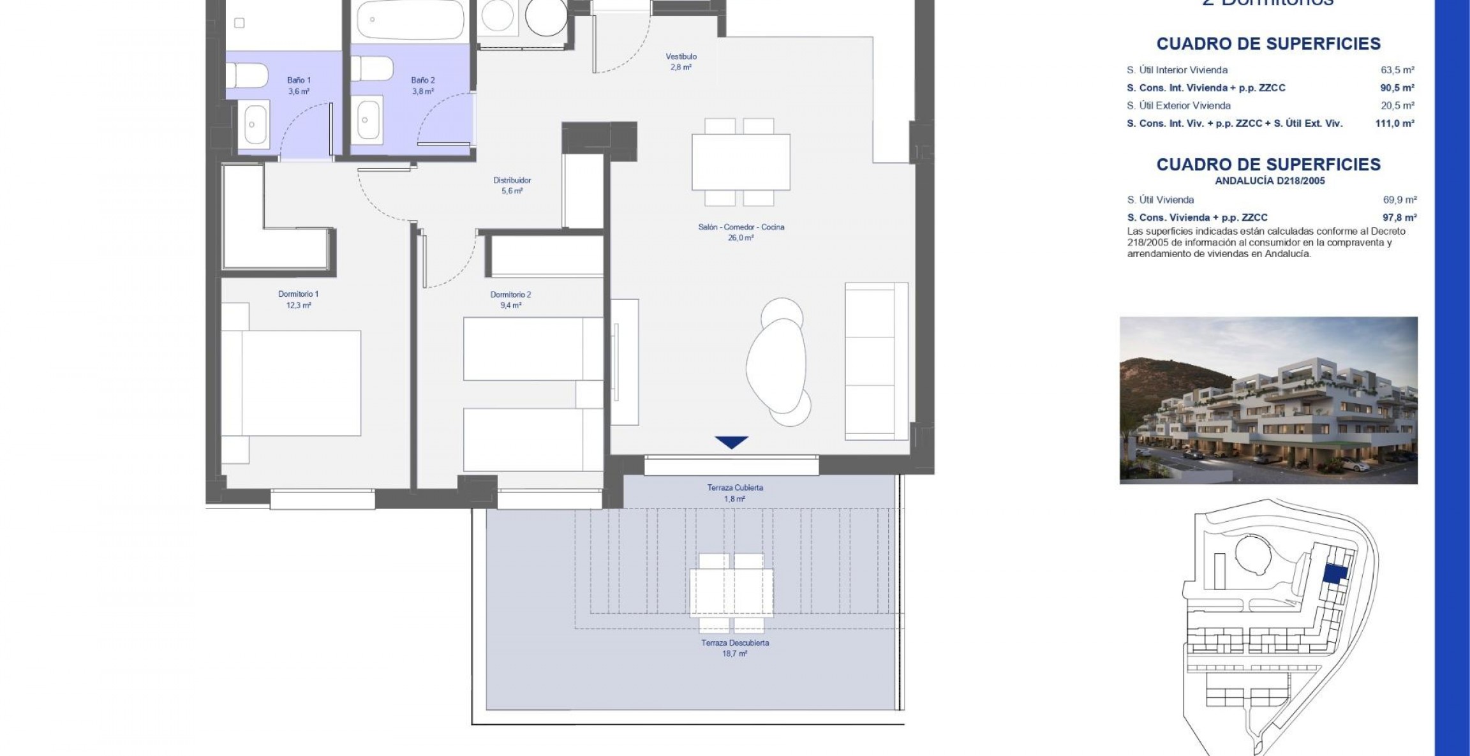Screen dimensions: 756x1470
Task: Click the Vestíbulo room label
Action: click(x=681, y=57)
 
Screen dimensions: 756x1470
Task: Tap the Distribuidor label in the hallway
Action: click(x=512, y=181)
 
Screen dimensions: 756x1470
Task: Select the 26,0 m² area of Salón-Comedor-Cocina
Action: click(x=741, y=238)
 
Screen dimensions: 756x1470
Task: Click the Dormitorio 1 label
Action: click(x=298, y=294)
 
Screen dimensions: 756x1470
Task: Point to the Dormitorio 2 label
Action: click(x=510, y=295)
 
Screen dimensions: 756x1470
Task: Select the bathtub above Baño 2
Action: click(x=408, y=19)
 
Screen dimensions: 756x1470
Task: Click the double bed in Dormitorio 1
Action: click(x=292, y=383)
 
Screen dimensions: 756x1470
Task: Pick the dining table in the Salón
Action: click(x=741, y=162)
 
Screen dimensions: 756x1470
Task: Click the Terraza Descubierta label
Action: click(x=735, y=643)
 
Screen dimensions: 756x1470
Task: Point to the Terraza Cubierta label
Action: click(x=735, y=488)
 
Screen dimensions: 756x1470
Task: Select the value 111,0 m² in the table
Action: click(x=1395, y=124)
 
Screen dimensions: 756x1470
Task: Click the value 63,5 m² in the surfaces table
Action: click(x=1397, y=70)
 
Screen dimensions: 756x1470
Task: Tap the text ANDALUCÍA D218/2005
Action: click(x=1270, y=181)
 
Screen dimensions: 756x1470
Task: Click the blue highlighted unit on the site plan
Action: click(x=1335, y=574)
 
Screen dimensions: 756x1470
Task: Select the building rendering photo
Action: click(x=1268, y=400)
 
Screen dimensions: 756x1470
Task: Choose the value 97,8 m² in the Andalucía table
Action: click(x=1400, y=218)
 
